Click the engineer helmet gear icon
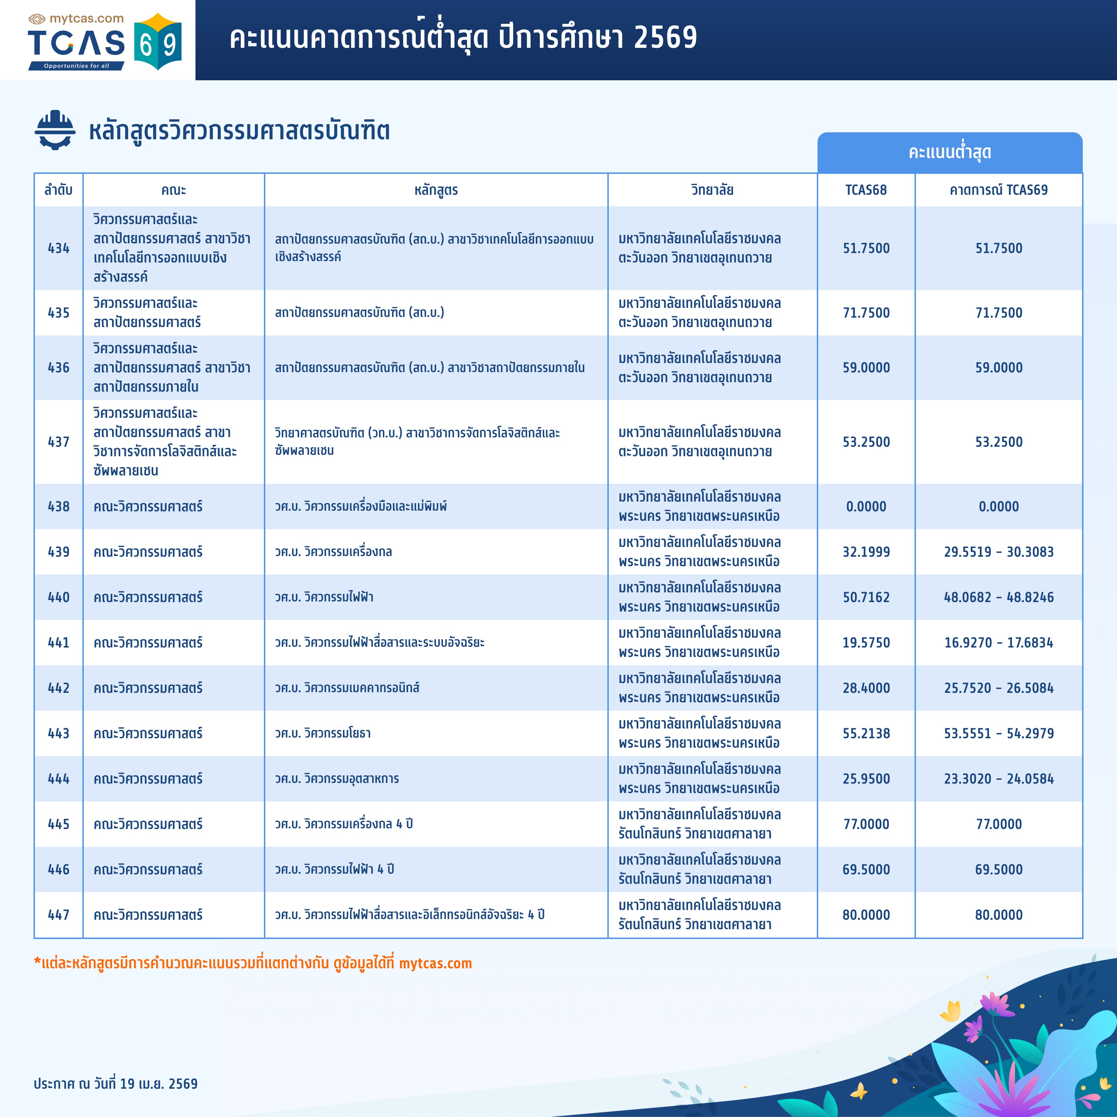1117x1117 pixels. (55, 130)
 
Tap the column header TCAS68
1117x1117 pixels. (866, 190)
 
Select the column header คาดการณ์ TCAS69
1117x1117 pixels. (998, 190)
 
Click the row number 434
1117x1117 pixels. (58, 248)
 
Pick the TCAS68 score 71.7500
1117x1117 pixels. (866, 313)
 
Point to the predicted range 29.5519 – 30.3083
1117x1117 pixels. (998, 552)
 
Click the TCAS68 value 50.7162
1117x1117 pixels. (866, 597)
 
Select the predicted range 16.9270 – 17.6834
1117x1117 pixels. (998, 642)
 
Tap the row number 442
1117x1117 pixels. (58, 688)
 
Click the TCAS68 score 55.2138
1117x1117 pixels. (866, 733)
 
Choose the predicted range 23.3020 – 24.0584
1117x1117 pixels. (998, 779)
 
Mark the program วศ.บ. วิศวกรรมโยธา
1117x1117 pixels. (323, 733)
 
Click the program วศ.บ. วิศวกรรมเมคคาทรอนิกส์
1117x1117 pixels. (347, 688)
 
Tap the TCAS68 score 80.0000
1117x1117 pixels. (866, 915)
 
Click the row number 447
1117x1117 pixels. (58, 915)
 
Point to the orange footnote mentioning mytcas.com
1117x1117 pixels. (253, 963)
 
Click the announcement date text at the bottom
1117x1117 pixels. (116, 1083)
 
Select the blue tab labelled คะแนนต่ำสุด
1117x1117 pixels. (949, 153)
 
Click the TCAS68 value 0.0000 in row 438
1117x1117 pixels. (866, 506)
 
